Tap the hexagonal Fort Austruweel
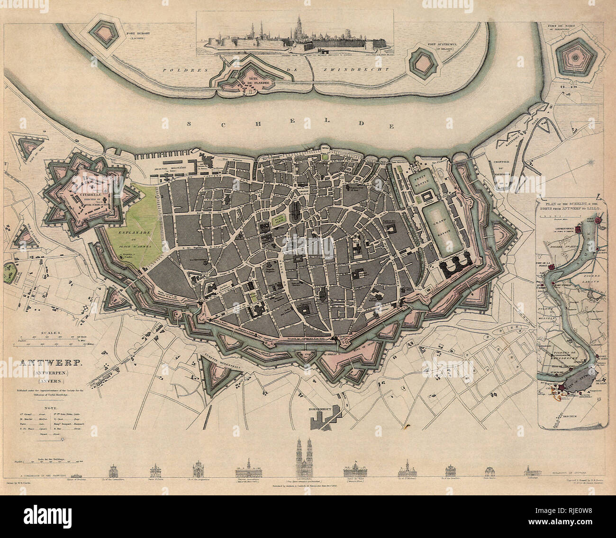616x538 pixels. (423, 61)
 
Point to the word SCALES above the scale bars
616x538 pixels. (51, 334)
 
